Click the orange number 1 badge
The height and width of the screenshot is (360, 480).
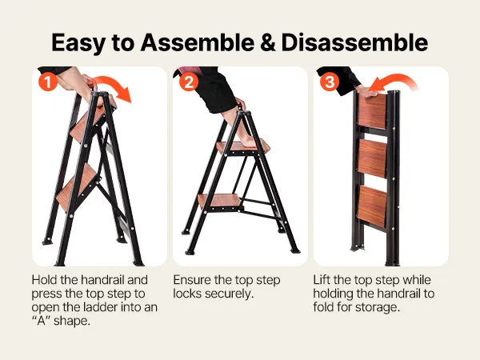pyautogui.click(x=48, y=82)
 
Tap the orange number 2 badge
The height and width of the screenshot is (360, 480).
pyautogui.click(x=189, y=82)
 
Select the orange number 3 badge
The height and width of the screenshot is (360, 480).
pyautogui.click(x=330, y=82)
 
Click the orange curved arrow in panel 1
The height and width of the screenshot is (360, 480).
pyautogui.click(x=114, y=85)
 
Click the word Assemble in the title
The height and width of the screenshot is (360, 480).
pyautogui.click(x=197, y=42)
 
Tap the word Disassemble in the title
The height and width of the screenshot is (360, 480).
pyautogui.click(x=354, y=42)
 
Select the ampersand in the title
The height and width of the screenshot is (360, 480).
pyautogui.click(x=267, y=42)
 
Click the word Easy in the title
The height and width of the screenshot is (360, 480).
pyautogui.click(x=78, y=44)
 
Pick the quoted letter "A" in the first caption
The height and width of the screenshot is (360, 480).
pyautogui.click(x=41, y=321)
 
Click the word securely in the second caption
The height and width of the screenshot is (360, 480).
pyautogui.click(x=230, y=294)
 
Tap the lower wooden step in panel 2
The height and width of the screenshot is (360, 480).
pyautogui.click(x=218, y=201)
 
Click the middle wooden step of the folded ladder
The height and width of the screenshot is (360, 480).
pyautogui.click(x=372, y=158)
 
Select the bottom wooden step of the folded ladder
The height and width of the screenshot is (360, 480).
pyautogui.click(x=372, y=206)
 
